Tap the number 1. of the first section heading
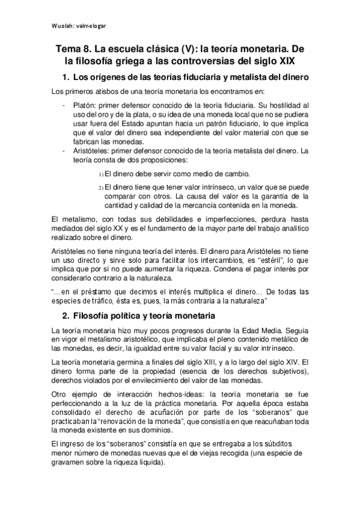[67, 78]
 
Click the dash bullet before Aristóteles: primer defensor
[64, 150]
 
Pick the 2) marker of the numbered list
[100, 188]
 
